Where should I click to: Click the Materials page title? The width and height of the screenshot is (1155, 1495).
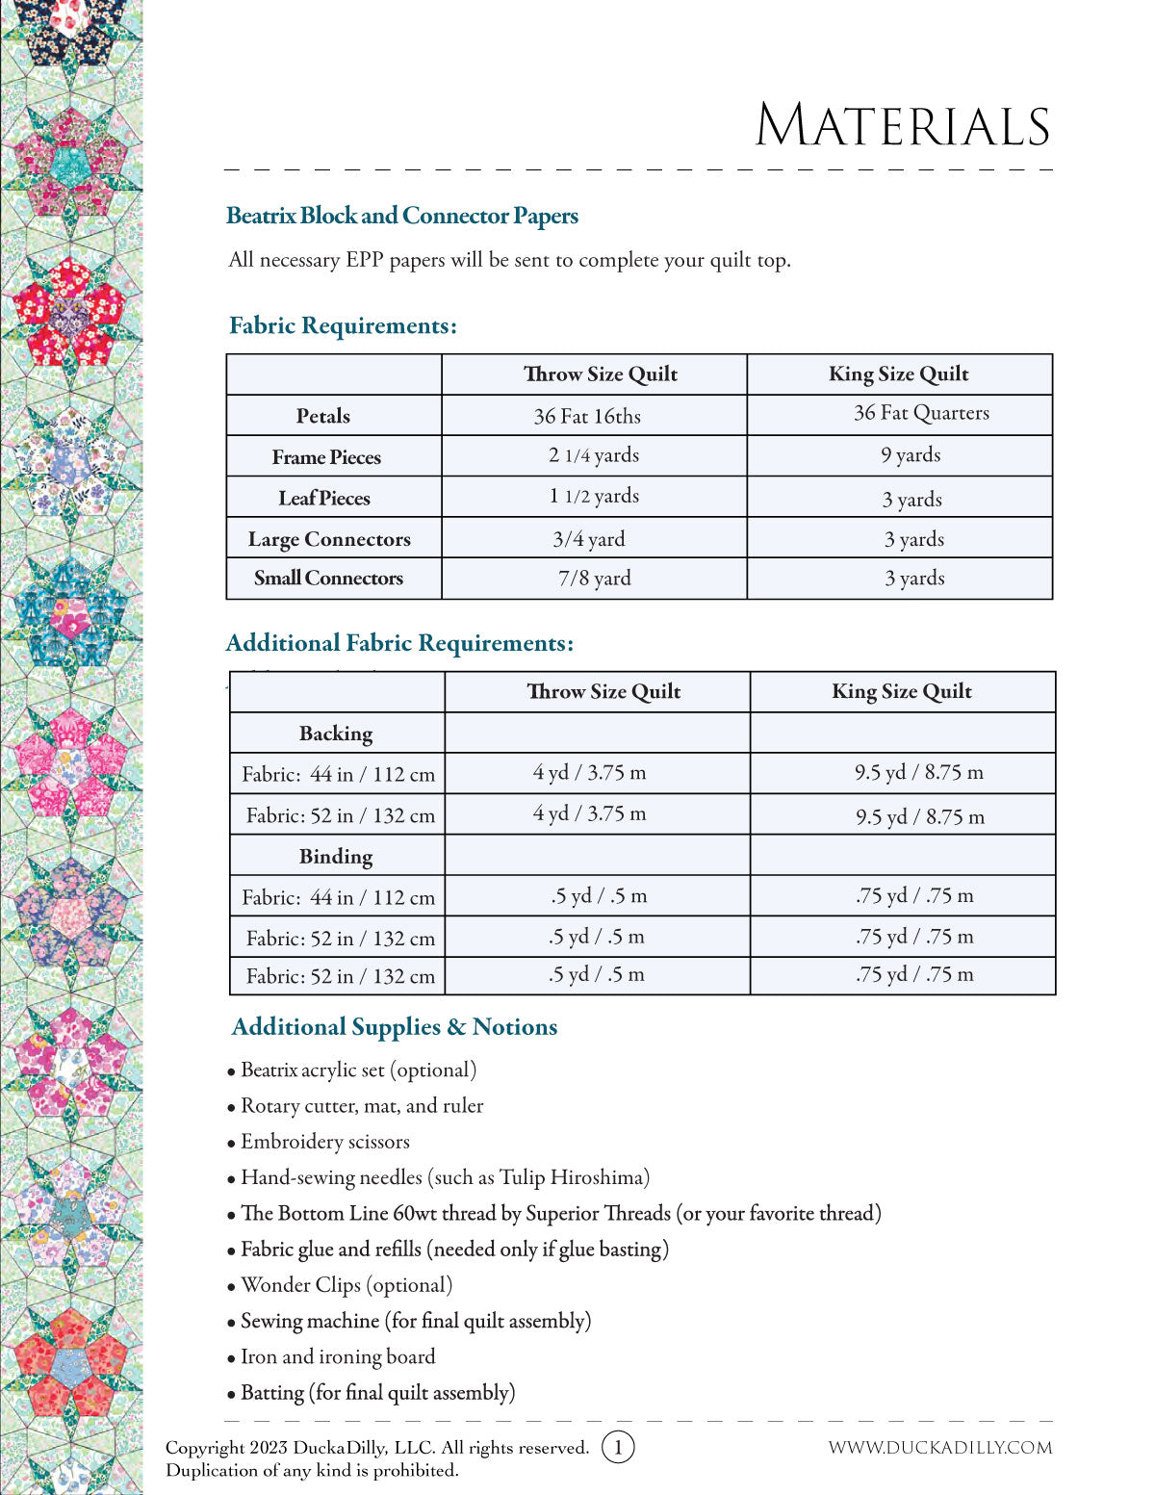902,126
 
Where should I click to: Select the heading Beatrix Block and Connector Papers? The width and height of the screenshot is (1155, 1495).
402,216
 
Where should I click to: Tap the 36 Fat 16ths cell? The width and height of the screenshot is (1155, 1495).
587,416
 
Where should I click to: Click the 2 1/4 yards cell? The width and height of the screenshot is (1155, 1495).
594,455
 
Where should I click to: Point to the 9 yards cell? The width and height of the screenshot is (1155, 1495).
911,455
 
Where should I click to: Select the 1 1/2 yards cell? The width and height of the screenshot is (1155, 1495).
594,496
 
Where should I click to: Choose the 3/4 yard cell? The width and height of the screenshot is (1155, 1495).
589,539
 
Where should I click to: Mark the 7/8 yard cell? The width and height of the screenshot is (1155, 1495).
595,579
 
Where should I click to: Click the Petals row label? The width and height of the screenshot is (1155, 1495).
323,416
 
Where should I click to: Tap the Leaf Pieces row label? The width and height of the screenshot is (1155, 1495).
324,498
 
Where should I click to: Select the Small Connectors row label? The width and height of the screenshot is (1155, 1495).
328,579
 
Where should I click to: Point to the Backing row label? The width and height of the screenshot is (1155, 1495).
336,734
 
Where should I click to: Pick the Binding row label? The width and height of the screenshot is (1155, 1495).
336,856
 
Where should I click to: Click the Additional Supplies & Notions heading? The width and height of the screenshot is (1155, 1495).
395,1027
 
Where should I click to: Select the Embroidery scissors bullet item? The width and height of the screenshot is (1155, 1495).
325,1142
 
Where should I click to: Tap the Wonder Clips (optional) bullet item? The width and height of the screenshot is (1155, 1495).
346,1285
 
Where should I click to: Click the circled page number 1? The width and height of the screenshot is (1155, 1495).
618,1447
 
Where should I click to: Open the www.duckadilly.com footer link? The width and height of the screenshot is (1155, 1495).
940,1448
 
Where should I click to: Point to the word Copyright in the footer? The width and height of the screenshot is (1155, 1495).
205,1448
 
